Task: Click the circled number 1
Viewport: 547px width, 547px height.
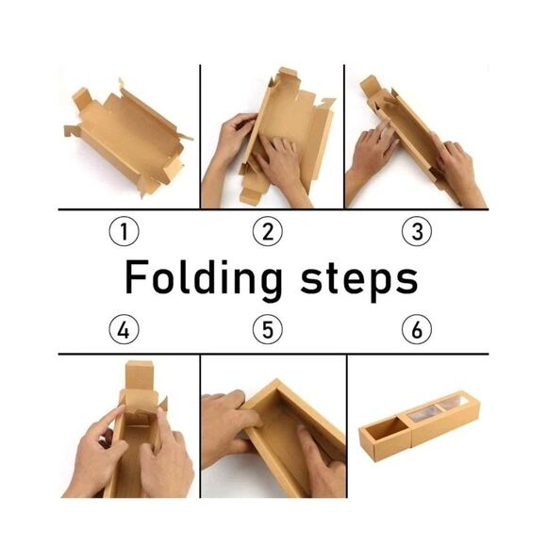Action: (124, 231)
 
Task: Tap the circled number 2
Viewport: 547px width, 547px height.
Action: (268, 231)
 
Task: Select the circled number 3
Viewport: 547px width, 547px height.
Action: (417, 231)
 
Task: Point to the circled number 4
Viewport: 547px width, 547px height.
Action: (124, 329)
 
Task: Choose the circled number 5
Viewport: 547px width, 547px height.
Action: (268, 329)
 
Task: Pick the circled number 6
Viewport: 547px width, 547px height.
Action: (417, 329)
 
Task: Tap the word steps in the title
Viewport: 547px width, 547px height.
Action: (359, 280)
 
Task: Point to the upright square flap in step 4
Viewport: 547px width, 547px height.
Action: (140, 376)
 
